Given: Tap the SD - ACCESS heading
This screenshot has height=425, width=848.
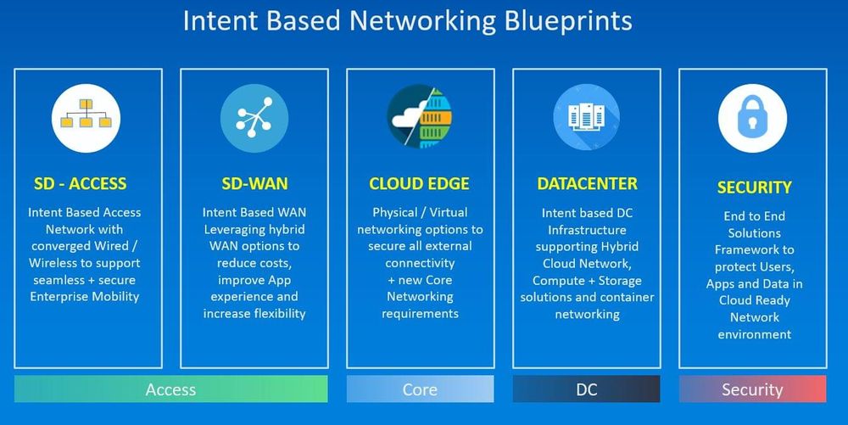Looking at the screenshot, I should [x=80, y=184].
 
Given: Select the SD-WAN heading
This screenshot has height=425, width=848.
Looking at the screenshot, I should [x=254, y=184].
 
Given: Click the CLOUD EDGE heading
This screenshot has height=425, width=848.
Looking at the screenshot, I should [x=419, y=184].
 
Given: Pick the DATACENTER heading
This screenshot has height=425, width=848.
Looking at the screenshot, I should [x=587, y=184].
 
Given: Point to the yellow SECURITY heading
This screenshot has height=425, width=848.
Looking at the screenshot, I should [x=754, y=187].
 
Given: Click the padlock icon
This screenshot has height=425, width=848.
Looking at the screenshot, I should [x=752, y=118].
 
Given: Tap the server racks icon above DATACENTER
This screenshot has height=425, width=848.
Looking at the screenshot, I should [x=586, y=118].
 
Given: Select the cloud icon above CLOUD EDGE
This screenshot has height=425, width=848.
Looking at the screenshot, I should [x=419, y=118].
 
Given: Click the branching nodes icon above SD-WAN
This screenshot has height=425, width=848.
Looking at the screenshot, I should [x=254, y=118].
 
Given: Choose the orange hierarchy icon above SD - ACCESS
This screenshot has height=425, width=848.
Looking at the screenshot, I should [x=86, y=118].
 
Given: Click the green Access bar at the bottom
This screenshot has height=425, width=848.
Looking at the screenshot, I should [x=170, y=389].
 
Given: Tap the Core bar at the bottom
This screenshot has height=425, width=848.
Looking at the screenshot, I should [x=420, y=389].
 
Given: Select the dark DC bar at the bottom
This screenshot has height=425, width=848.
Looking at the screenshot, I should [x=586, y=389].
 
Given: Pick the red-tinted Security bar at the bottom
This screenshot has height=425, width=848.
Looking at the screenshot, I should [x=752, y=389].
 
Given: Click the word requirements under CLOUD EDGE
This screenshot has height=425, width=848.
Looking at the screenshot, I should [x=420, y=314].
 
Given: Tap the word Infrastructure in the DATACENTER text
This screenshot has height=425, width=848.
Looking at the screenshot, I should [x=587, y=230].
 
